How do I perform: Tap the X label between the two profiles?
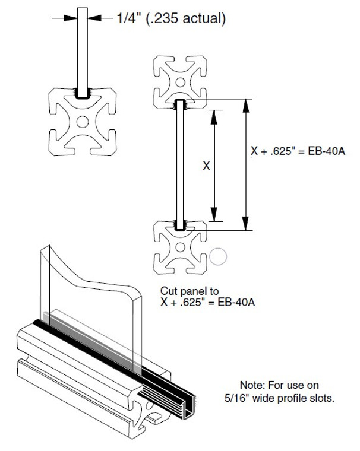coord(206,166)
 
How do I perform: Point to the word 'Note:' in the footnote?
coord(252,385)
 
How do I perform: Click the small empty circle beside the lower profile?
coord(218,256)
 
